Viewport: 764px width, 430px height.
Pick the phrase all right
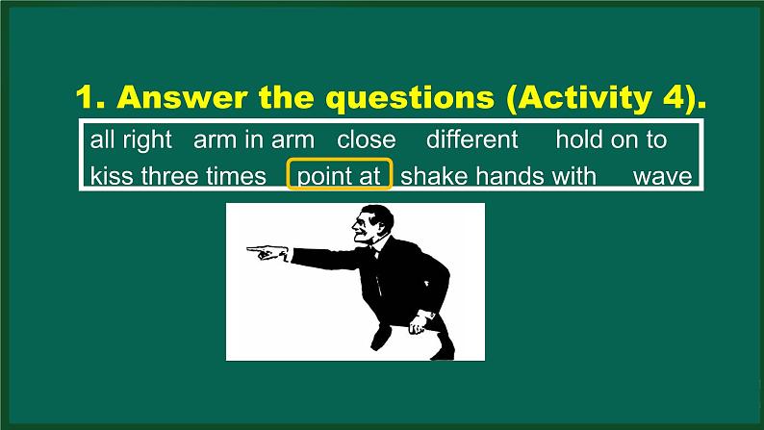tap(131, 139)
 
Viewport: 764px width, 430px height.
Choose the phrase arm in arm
tap(253, 139)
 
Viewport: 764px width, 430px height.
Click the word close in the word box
tap(366, 139)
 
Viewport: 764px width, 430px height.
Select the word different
tap(471, 139)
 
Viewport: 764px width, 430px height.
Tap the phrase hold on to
tap(611, 139)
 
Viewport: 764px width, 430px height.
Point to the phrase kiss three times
tap(178, 176)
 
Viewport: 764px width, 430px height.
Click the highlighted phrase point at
tap(340, 176)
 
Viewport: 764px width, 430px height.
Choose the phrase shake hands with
tap(498, 176)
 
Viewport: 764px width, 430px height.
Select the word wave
tap(663, 176)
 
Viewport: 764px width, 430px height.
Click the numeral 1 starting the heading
tap(85, 99)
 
